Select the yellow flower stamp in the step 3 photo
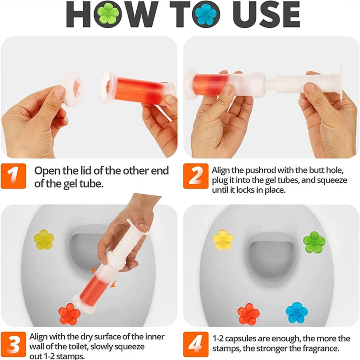[44, 240]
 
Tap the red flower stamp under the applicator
[69, 314]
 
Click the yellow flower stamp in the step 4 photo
[223, 240]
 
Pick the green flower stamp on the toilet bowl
[314, 242]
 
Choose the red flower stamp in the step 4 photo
[248, 314]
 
